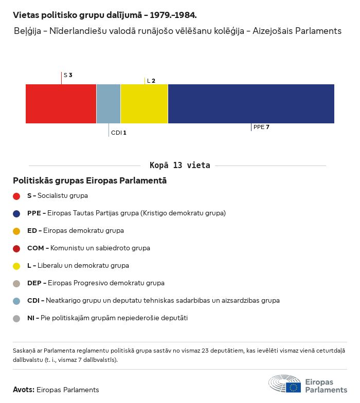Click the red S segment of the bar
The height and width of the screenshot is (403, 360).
click(61, 104)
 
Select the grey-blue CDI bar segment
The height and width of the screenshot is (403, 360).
click(109, 104)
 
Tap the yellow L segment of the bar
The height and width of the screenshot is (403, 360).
click(144, 104)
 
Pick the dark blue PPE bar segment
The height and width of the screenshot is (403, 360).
click(251, 104)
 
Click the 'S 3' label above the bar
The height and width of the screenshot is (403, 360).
click(68, 75)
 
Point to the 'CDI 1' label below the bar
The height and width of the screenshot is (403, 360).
click(119, 133)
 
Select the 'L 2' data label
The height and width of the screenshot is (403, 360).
click(151, 81)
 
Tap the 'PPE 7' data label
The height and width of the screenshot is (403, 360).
click(261, 127)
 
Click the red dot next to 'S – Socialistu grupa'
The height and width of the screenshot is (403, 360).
click(16, 196)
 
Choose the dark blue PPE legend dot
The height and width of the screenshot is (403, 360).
click(16, 213)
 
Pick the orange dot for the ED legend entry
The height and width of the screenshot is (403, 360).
click(16, 231)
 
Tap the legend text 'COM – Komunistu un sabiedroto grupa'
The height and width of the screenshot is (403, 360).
click(88, 248)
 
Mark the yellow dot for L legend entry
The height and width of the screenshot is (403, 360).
click(16, 266)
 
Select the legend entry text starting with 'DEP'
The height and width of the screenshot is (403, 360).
click(96, 283)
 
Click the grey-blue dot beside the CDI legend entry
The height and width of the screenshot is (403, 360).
click(16, 301)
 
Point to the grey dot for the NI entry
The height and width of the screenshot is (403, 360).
click(16, 318)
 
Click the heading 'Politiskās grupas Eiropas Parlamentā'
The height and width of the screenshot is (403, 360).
click(89, 181)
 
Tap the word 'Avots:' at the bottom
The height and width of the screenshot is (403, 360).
click(24, 390)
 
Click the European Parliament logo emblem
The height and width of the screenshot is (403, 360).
click(285, 384)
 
